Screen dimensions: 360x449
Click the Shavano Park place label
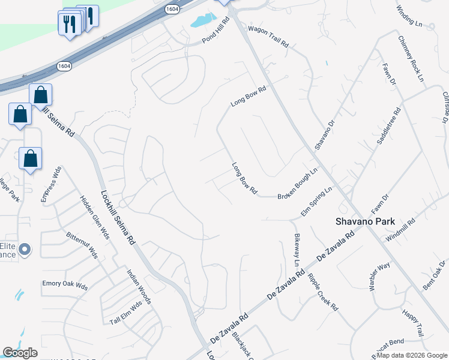coord(364,221)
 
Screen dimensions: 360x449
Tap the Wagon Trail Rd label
coord(268,37)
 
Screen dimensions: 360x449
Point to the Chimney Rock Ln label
coord(411,58)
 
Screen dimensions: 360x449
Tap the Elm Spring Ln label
coord(316,202)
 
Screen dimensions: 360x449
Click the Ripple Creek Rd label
coord(322,291)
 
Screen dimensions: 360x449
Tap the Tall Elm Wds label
coord(126,313)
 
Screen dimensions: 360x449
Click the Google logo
coord(20,353)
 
